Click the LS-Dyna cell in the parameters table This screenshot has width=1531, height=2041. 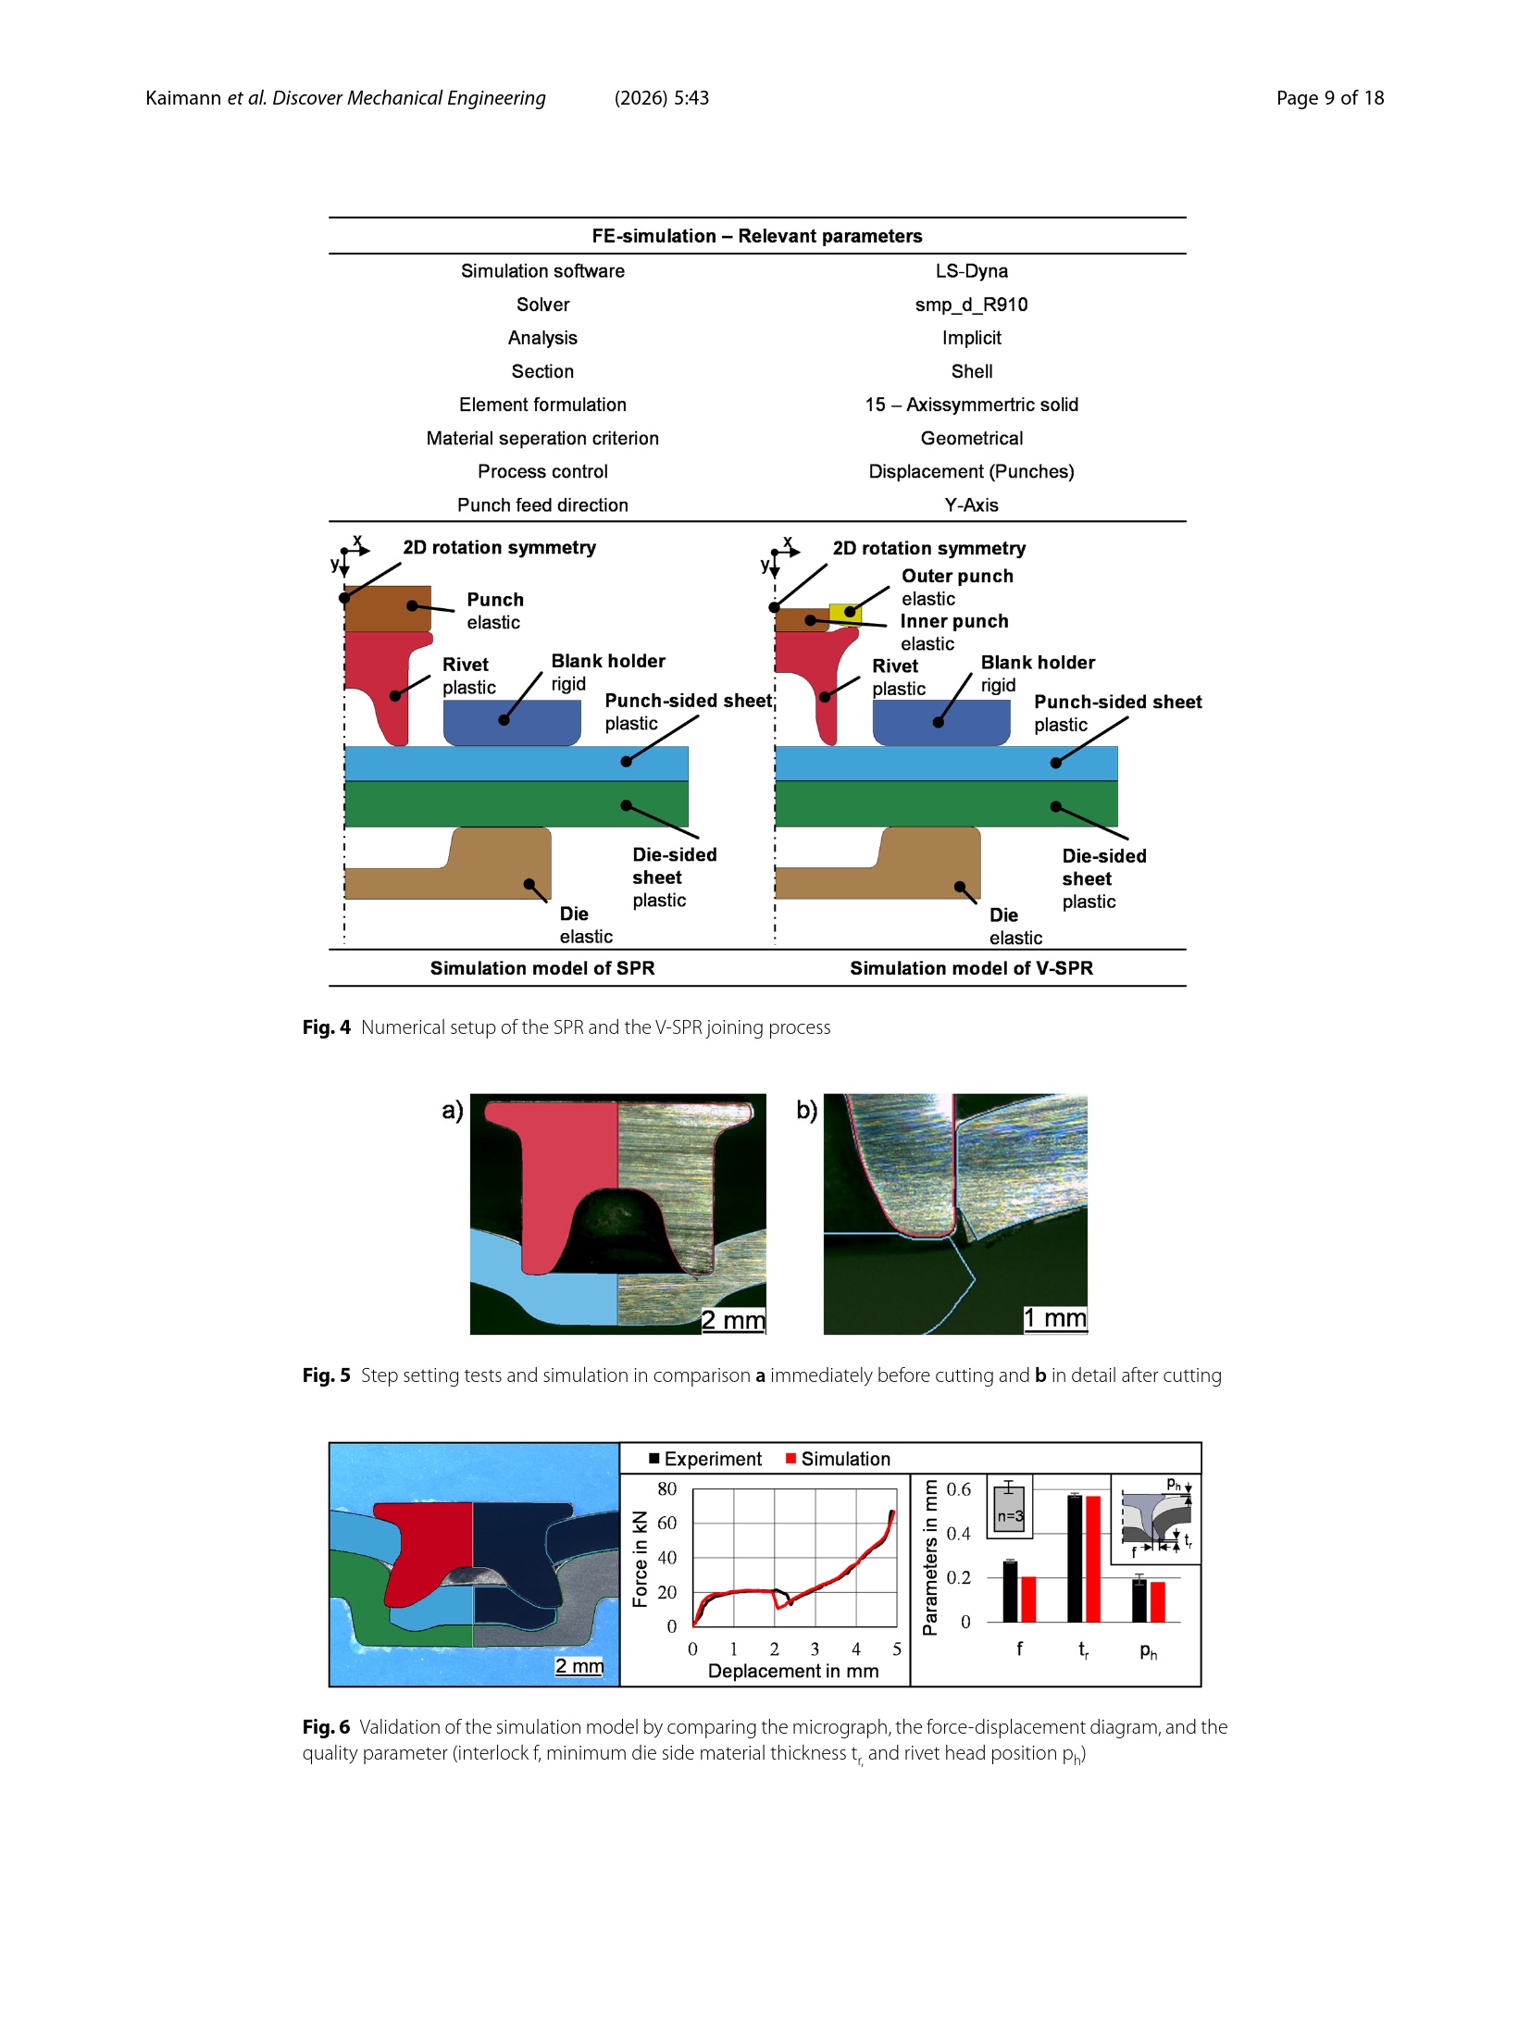pos(971,271)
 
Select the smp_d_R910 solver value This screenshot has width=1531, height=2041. pos(971,305)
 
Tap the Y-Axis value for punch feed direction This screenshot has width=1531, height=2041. pos(971,505)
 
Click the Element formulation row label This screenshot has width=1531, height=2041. pos(542,404)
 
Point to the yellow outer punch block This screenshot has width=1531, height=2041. pos(845,614)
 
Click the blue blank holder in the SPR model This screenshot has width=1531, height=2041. pos(512,722)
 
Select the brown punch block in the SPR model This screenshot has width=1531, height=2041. pos(388,608)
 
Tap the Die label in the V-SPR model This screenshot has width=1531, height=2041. pos(1003,915)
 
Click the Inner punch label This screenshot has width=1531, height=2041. pos(954,621)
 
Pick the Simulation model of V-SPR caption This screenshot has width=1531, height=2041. pos(971,968)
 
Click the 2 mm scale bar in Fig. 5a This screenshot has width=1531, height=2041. pos(733,1321)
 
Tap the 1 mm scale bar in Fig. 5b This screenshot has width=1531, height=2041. pos(1055,1319)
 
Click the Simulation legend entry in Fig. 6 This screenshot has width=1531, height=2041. pos(838,1460)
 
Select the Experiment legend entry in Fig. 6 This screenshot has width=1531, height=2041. pos(705,1460)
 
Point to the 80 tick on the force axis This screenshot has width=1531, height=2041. pos(666,1489)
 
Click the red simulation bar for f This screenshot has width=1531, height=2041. pos(1028,1599)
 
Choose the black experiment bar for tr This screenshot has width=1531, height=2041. pos(1075,1559)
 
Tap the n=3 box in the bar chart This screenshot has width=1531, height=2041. pos(1009,1506)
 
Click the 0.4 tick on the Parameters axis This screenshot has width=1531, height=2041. pos(958,1534)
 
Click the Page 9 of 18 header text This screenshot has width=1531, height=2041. pos(1330,98)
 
